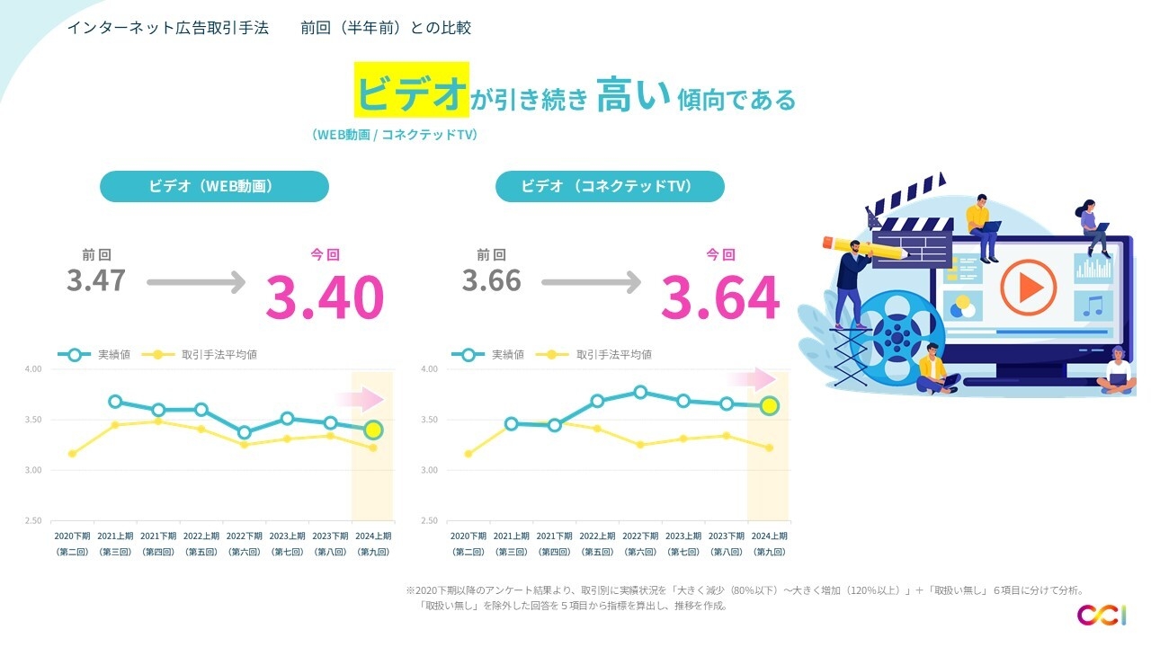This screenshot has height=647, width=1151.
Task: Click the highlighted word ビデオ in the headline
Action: pyautogui.click(x=412, y=91)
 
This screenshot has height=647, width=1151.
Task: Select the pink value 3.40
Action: pyautogui.click(x=325, y=297)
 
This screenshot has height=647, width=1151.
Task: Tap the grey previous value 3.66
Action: pyautogui.click(x=492, y=280)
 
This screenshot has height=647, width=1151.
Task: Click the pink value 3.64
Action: pyautogui.click(x=719, y=297)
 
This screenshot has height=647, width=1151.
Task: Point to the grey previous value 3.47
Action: pyautogui.click(x=95, y=280)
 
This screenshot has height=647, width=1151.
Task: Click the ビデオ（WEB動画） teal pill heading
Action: pyautogui.click(x=214, y=187)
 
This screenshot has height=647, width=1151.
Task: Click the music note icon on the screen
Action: pyautogui.click(x=1093, y=305)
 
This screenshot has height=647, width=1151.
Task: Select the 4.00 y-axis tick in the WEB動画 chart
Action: pyautogui.click(x=32, y=369)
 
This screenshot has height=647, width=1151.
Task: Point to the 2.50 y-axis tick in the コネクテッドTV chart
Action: pyautogui.click(x=428, y=521)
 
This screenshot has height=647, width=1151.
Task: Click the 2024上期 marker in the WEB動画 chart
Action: pyautogui.click(x=373, y=430)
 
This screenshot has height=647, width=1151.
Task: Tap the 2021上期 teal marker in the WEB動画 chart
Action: pyautogui.click(x=115, y=402)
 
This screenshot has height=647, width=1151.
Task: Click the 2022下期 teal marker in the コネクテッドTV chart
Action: pyautogui.click(x=640, y=392)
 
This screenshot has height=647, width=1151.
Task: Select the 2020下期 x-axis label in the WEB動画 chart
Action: pyautogui.click(x=71, y=536)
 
